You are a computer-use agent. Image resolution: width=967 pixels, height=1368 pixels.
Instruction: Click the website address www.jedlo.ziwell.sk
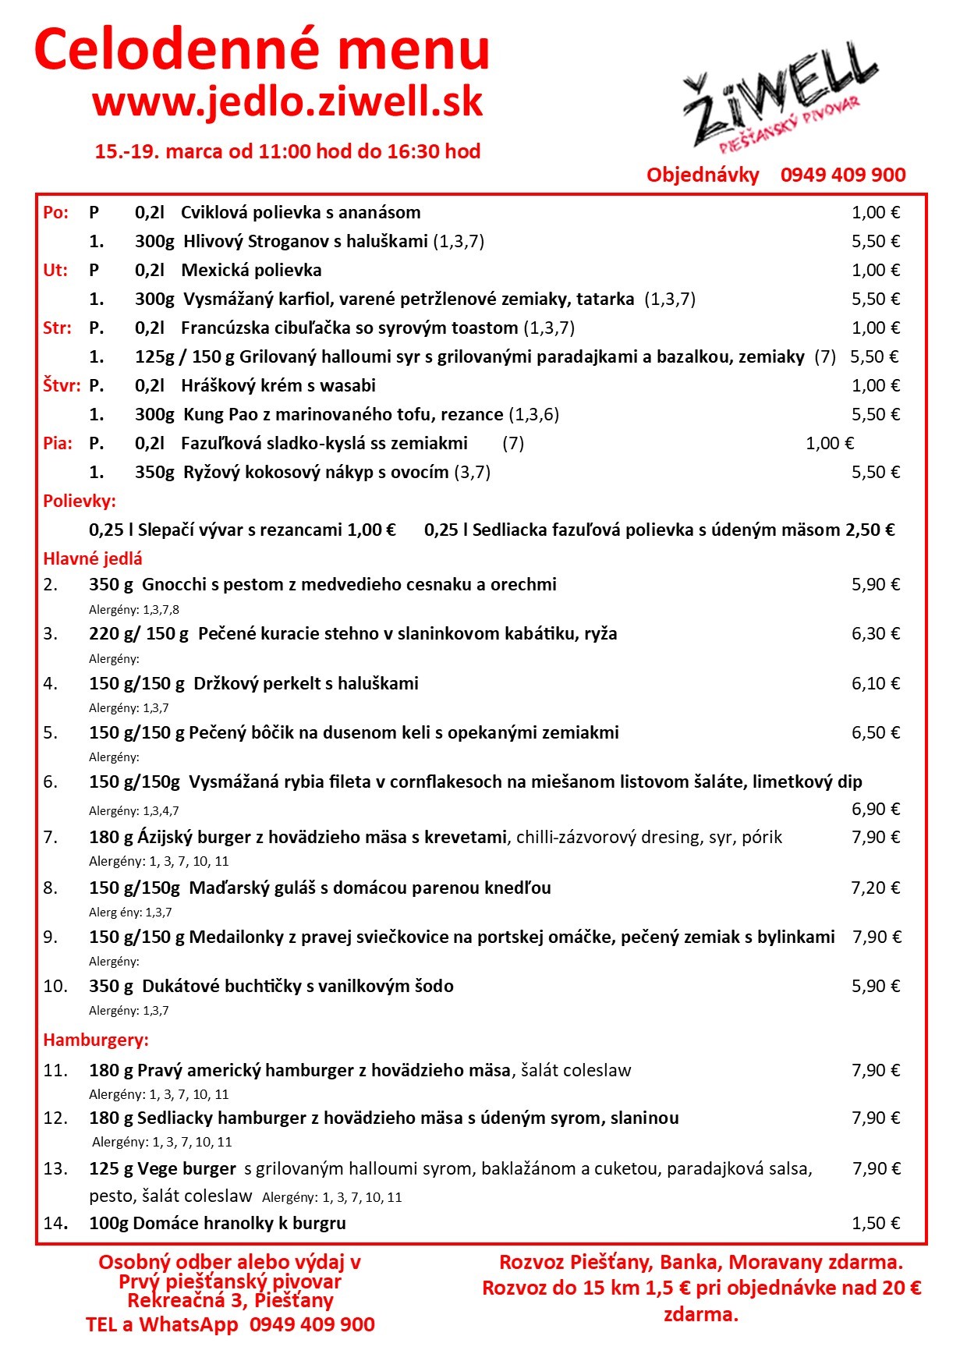[288, 102]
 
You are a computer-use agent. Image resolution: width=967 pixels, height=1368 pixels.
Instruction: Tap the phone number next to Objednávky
[843, 175]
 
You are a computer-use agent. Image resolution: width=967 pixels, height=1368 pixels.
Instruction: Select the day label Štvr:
[62, 385]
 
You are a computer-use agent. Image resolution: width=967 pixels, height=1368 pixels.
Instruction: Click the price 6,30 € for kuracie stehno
[875, 633]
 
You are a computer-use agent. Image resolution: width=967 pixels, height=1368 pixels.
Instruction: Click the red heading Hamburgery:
[96, 1040]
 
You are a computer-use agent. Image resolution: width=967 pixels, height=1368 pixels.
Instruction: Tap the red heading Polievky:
[80, 501]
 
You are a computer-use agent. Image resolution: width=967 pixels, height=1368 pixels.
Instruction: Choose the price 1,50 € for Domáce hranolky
[875, 1223]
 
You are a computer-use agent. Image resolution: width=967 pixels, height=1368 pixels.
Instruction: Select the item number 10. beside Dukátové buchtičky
[55, 986]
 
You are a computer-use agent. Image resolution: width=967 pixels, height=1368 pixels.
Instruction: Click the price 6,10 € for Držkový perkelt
[875, 683]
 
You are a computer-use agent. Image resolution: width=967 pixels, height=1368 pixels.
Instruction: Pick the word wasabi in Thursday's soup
[349, 385]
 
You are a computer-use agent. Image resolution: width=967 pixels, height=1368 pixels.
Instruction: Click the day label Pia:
[58, 443]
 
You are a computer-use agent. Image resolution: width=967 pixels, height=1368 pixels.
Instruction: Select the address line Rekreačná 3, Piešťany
[230, 1300]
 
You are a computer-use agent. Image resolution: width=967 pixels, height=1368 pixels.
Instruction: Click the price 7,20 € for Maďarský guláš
[875, 888]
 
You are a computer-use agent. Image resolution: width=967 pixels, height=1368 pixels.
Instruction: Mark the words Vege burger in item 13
[186, 1168]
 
